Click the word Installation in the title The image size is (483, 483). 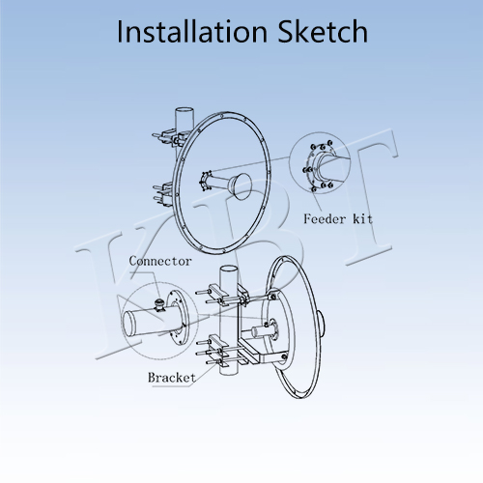pyautogui.click(x=192, y=32)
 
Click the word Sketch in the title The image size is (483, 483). pyautogui.click(x=323, y=32)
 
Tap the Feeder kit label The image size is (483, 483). pyautogui.click(x=338, y=219)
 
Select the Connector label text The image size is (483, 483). pyautogui.click(x=160, y=261)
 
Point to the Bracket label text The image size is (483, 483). pyautogui.click(x=172, y=377)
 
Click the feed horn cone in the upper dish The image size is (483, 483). pyautogui.click(x=240, y=185)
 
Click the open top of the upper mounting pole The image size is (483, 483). pyautogui.click(x=185, y=110)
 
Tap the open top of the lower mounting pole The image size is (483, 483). pyautogui.click(x=228, y=269)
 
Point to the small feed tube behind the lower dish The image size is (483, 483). pyautogui.click(x=259, y=331)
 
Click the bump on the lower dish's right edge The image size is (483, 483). pyautogui.click(x=321, y=325)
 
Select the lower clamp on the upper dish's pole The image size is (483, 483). pyautogui.click(x=164, y=193)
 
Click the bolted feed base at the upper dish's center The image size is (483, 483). pyautogui.click(x=205, y=181)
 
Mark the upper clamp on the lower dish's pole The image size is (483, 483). pyautogui.click(x=222, y=295)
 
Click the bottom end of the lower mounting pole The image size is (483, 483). pyautogui.click(x=228, y=372)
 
